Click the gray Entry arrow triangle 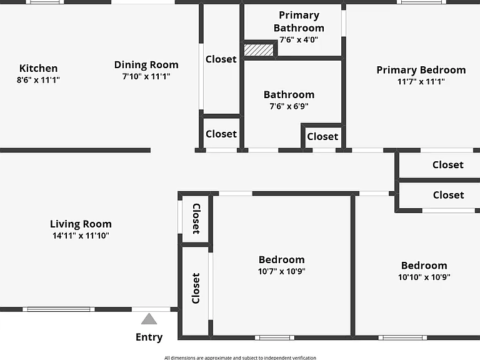149,319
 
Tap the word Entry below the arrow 149,337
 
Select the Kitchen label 38,68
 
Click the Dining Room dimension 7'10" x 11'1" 146,76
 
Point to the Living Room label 81,224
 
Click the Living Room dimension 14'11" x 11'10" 81,236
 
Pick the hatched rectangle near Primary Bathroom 259,50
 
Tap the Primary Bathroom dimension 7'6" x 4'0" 299,39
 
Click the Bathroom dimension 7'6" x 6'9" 289,106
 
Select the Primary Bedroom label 421,70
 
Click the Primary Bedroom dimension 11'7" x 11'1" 421,81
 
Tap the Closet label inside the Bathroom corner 322,136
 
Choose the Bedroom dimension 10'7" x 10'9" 282,271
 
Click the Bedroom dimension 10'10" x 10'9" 424,277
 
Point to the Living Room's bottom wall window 59,309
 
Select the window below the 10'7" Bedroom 275,337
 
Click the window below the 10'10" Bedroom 402,337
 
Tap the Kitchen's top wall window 45,2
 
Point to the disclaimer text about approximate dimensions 240,357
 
